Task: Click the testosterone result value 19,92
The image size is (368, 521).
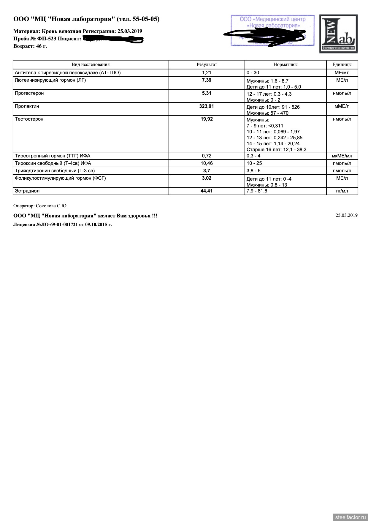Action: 207,119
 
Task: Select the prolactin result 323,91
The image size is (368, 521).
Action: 207,106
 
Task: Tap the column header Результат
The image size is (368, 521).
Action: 207,64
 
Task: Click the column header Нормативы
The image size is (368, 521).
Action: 285,64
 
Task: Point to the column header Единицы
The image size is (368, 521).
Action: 342,64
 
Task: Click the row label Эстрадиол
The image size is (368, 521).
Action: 27,191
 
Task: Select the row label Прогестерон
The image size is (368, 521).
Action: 29,93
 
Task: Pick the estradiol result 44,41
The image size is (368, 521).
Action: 207,191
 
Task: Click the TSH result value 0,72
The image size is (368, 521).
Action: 207,156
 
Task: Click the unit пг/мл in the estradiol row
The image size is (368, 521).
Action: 342,191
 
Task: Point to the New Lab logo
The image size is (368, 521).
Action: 338,34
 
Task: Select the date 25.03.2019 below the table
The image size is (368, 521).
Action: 346,215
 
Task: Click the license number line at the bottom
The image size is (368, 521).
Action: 63,225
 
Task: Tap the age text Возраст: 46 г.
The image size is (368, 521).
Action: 30,46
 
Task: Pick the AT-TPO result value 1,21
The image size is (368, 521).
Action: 207,72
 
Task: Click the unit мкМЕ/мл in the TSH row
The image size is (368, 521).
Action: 342,156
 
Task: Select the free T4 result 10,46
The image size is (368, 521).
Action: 207,163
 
